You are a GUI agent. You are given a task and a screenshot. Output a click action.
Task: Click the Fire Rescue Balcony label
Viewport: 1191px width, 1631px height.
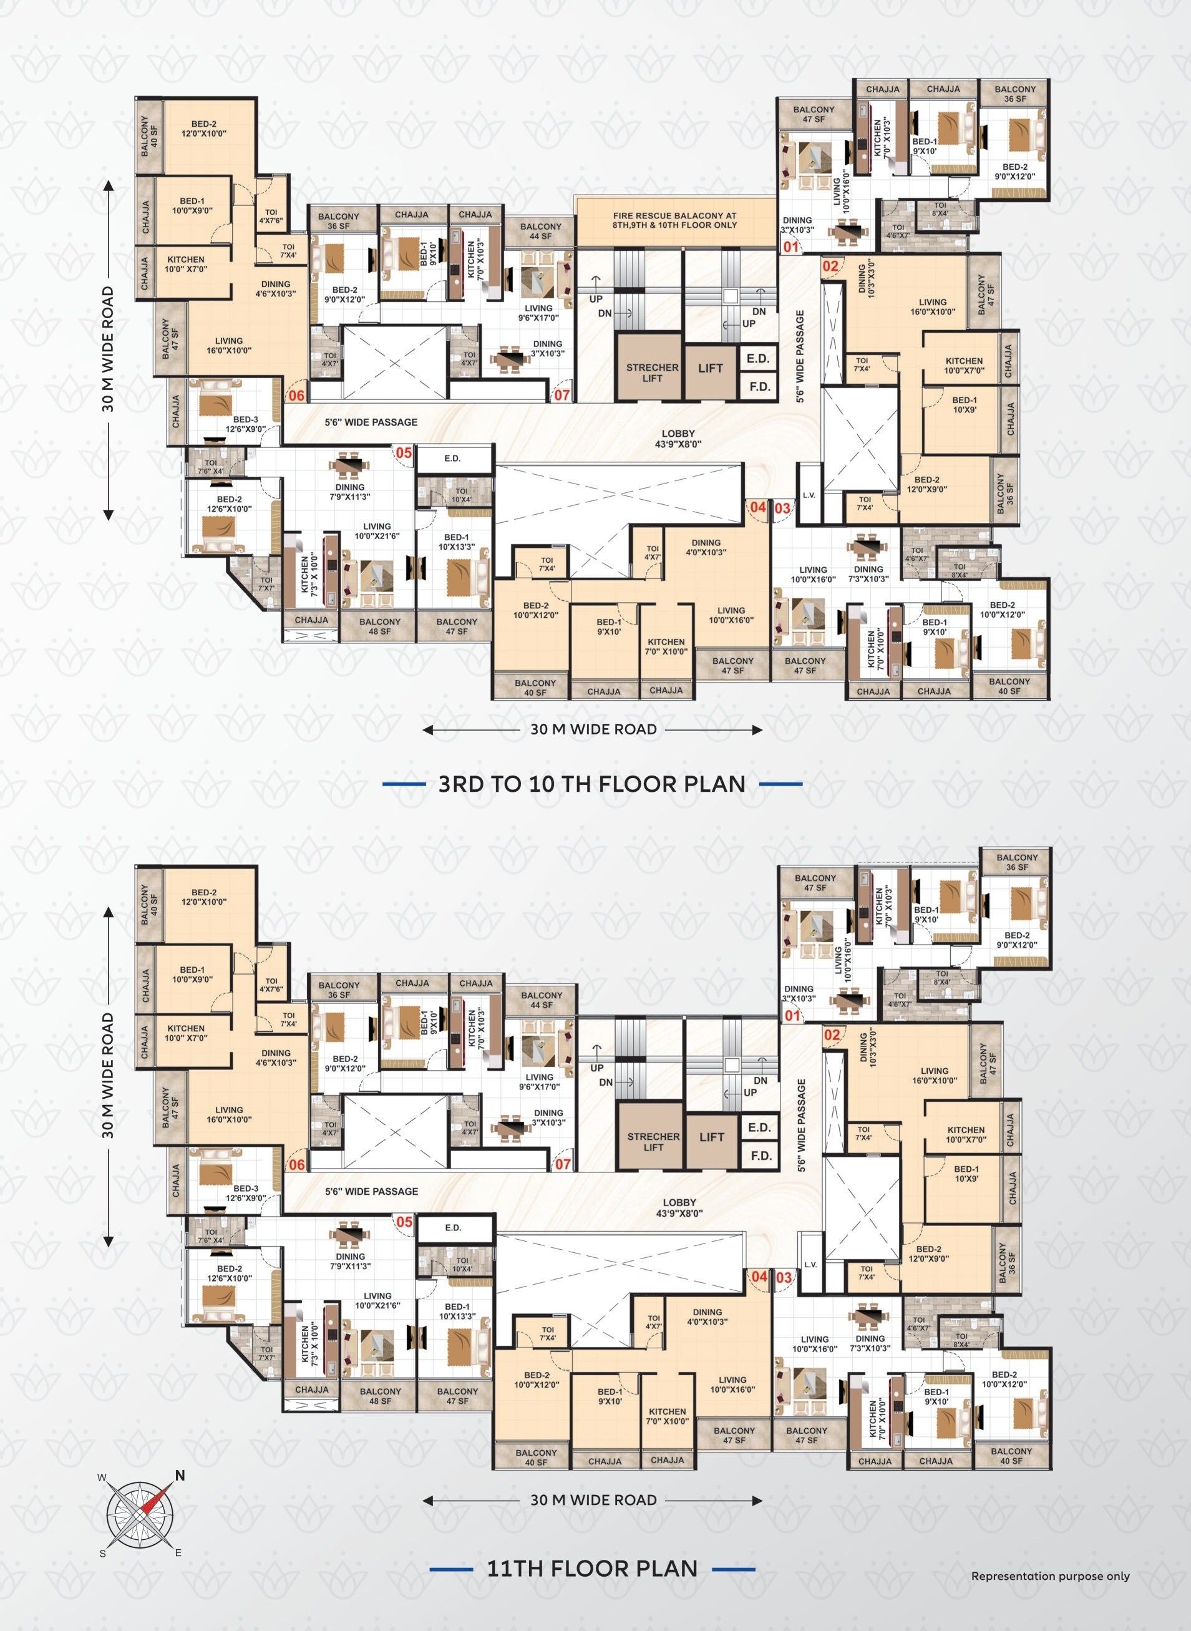pyautogui.click(x=675, y=220)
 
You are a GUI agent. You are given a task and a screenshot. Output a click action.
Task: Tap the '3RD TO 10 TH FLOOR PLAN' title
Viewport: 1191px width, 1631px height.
pyautogui.click(x=592, y=784)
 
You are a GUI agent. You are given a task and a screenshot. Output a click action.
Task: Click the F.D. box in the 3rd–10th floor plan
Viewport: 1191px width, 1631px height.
pyautogui.click(x=759, y=386)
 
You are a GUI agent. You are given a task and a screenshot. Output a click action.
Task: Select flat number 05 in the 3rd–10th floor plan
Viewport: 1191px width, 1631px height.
pyautogui.click(x=404, y=453)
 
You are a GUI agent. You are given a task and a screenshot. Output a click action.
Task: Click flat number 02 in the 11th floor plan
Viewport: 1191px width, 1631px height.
pyautogui.click(x=832, y=1035)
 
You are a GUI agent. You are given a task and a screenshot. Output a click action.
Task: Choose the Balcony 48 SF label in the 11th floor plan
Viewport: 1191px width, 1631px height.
pyautogui.click(x=380, y=1396)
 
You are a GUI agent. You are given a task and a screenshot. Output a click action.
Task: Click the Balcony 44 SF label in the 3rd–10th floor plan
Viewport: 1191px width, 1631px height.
pyautogui.click(x=540, y=231)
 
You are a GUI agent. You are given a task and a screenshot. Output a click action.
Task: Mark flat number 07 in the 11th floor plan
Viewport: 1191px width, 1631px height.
pyautogui.click(x=562, y=1164)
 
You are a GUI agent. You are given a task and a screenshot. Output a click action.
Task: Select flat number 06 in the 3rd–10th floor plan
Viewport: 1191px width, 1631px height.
pyautogui.click(x=296, y=395)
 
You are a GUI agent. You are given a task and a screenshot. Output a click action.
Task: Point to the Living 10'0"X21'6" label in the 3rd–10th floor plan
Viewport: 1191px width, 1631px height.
pyautogui.click(x=376, y=532)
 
